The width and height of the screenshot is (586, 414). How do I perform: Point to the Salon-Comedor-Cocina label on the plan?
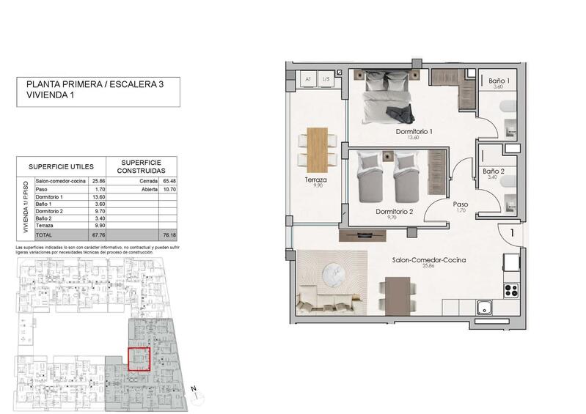tap(428, 260)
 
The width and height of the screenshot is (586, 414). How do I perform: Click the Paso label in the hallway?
tap(461, 204)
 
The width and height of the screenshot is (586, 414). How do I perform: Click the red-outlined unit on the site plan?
tap(139, 360)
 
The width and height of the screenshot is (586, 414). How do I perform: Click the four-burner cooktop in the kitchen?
tap(510, 289)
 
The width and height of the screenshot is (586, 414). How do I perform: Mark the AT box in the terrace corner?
tap(309, 78)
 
